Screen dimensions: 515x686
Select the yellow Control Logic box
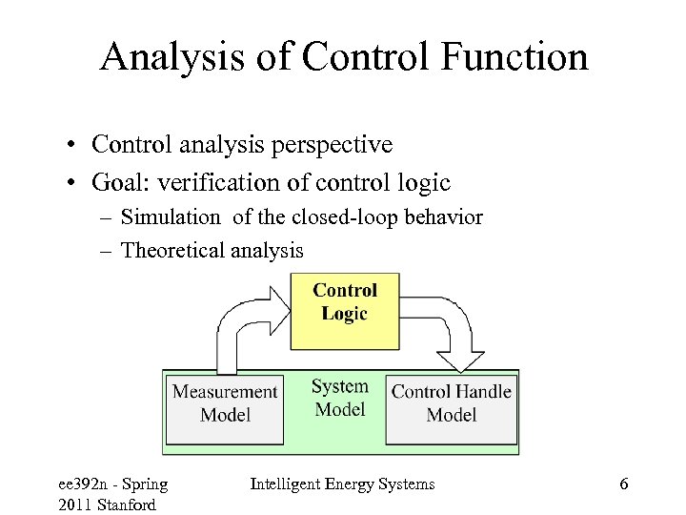[x=344, y=309]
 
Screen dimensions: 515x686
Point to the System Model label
[x=339, y=398]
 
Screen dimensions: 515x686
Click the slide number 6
[x=623, y=484]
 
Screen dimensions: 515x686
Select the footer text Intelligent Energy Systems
[x=342, y=484]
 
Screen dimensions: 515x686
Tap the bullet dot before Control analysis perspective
[x=72, y=146]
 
